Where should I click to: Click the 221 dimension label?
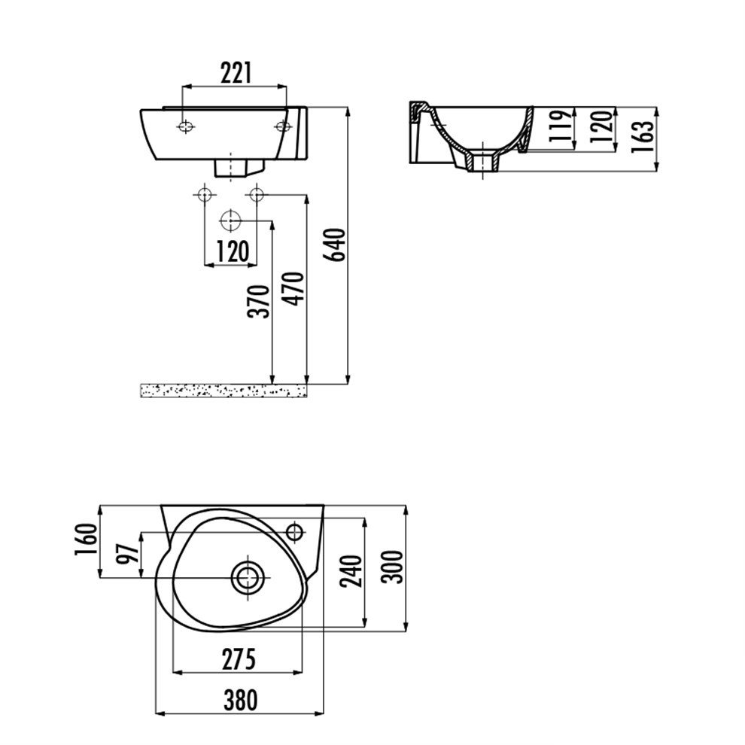(236, 73)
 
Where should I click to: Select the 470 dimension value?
(293, 288)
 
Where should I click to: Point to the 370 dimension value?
(260, 301)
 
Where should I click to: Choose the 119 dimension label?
(560, 126)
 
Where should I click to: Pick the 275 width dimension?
(239, 659)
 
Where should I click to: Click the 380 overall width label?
(241, 701)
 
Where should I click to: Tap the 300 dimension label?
(393, 567)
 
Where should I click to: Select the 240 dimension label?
(352, 570)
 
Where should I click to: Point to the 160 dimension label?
(86, 540)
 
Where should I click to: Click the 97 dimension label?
(127, 553)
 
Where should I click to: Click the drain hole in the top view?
(247, 578)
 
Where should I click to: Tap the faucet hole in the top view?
(295, 531)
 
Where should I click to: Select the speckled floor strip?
(223, 391)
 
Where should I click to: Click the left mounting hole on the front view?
(185, 127)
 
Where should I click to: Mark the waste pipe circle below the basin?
(230, 220)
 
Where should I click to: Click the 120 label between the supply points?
(233, 251)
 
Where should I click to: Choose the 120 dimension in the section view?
(601, 126)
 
